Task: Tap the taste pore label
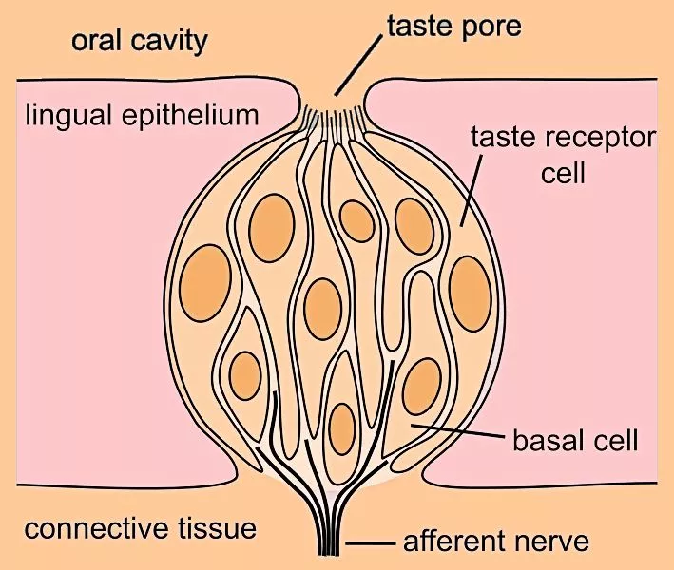click(x=453, y=26)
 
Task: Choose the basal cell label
click(x=573, y=441)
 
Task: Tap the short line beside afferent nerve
click(x=371, y=543)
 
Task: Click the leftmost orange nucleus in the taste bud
click(x=204, y=282)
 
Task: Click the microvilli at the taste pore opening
click(x=334, y=120)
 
